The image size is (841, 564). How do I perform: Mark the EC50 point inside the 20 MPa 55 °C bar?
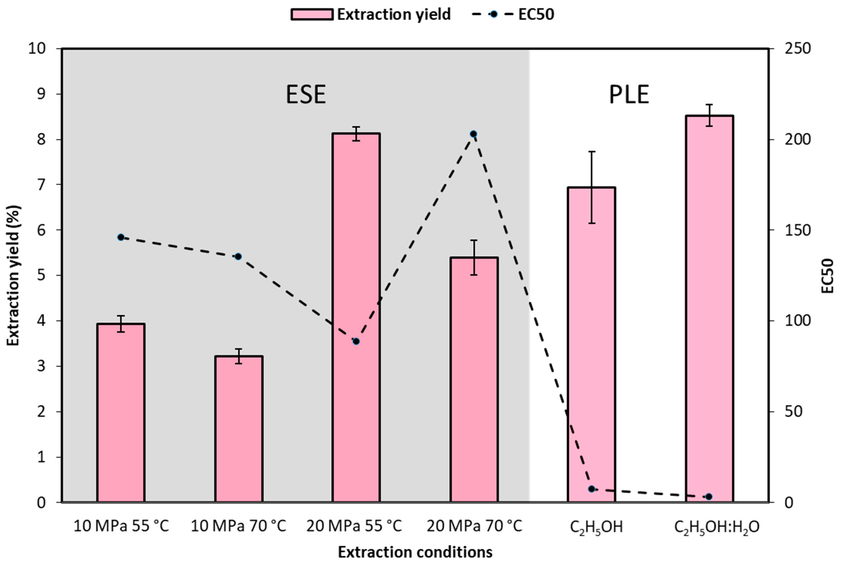356,341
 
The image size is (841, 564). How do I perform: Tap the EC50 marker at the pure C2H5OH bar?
591,489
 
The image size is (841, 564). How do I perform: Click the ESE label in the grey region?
306,95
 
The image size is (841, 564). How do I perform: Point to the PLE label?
629,95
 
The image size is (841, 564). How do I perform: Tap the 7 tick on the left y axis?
42,185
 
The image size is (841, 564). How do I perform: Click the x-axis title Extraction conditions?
415,552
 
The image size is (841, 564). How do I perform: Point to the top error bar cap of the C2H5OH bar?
591,152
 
